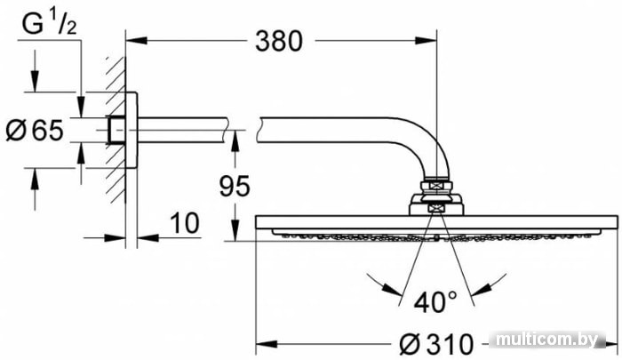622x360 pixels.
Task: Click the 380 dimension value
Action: [x=278, y=41]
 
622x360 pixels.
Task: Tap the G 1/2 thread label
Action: [x=49, y=25]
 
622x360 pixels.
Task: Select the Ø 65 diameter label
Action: [x=35, y=130]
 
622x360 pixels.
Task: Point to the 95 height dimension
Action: [x=235, y=186]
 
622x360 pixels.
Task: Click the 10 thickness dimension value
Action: [x=185, y=223]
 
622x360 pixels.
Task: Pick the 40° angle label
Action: [x=435, y=302]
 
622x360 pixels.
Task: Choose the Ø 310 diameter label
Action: [x=436, y=343]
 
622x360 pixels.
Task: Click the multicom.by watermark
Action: [x=547, y=340]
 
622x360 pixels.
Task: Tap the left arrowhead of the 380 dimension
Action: [x=137, y=41]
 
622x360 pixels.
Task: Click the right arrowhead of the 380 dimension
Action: [x=426, y=41]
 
